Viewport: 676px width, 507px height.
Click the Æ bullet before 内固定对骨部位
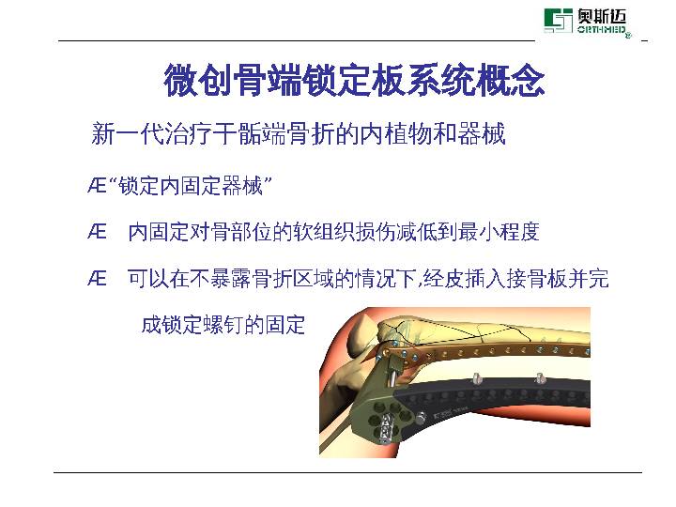97,231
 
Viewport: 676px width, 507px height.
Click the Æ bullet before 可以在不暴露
97,278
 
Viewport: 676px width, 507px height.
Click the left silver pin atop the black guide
476,377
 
